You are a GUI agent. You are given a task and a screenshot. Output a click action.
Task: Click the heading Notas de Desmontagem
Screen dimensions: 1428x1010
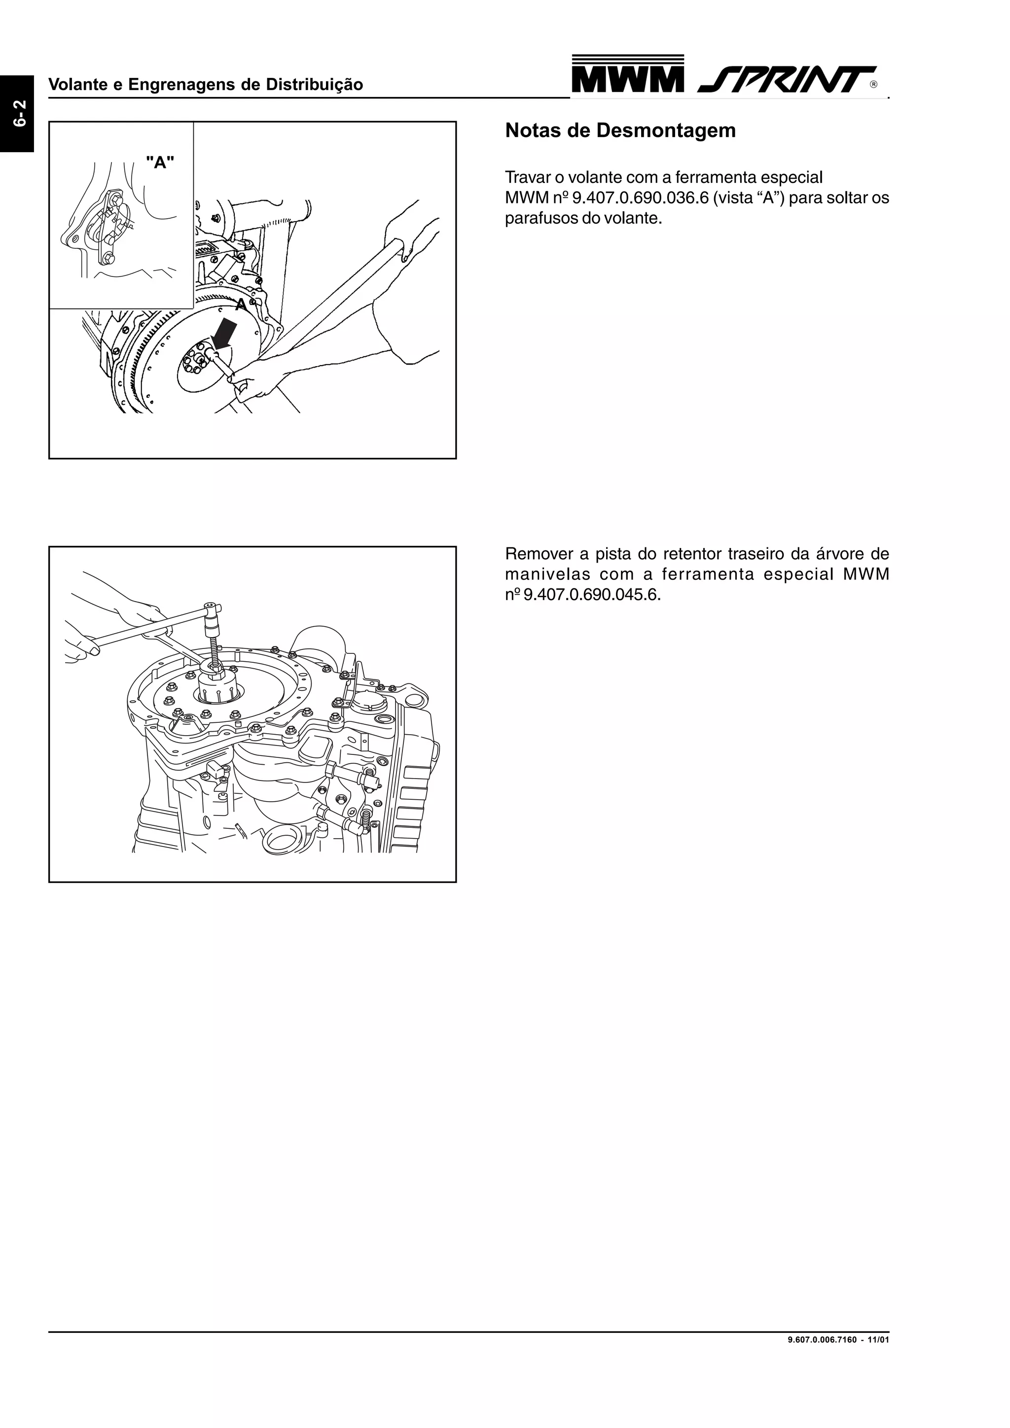point(620,131)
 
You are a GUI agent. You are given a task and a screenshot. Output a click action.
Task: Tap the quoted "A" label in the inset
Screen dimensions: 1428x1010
point(160,162)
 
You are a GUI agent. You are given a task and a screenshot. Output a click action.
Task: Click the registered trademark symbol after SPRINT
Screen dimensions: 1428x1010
point(873,85)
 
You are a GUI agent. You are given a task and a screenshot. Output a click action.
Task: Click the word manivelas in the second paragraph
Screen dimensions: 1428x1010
point(547,574)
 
